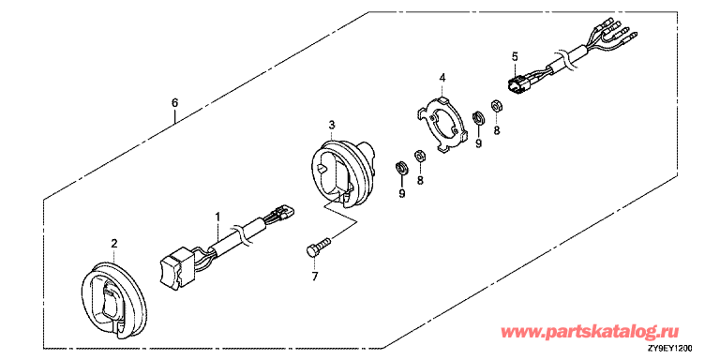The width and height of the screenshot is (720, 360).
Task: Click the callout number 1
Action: [x=218, y=215]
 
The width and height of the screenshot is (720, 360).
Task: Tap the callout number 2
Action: [x=114, y=243]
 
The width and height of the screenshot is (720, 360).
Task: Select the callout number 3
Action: [x=332, y=125]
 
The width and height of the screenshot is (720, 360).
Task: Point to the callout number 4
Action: [x=442, y=78]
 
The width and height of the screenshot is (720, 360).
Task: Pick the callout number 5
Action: [x=515, y=57]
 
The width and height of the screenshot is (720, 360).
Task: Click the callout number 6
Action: [x=174, y=103]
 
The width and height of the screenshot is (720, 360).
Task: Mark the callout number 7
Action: [x=315, y=277]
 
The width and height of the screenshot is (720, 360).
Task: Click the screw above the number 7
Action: [x=318, y=246]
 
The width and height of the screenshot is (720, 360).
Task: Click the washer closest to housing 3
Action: [x=402, y=168]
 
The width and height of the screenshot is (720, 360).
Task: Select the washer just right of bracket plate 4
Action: [x=478, y=116]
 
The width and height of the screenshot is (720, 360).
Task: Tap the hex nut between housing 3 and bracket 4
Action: [x=420, y=157]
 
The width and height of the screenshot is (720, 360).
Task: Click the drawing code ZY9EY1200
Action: [x=672, y=348]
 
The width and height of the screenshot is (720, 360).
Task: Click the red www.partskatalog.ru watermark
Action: [x=591, y=331]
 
